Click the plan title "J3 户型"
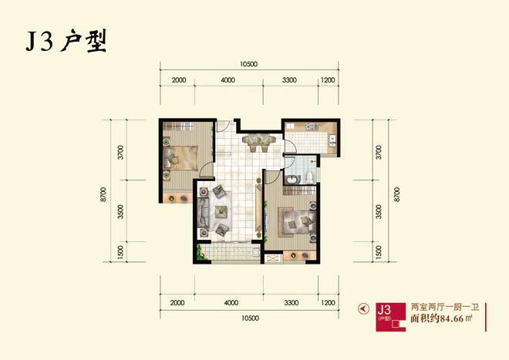pos(66,41)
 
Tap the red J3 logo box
pos(390,317)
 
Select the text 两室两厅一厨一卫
pos(445,307)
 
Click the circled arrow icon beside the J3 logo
pos(363,308)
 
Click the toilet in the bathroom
pos(309,177)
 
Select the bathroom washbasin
pos(292,179)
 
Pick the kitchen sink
pos(332,139)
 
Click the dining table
pos(259,140)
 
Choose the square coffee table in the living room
pos(221,211)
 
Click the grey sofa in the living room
pos(204,213)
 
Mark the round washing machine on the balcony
pos(256,252)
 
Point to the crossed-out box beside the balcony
pos(273,259)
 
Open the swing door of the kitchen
pos(290,146)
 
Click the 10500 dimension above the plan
pos(248,64)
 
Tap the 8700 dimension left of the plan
pos(103,194)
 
